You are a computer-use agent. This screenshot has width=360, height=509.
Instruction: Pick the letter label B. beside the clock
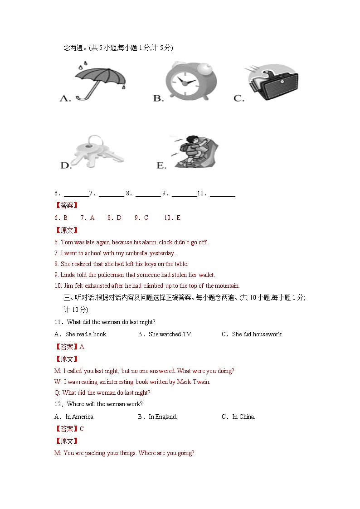point(158,98)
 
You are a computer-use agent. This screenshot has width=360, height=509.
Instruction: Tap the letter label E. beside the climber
point(161,165)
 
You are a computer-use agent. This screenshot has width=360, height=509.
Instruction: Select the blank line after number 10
point(222,194)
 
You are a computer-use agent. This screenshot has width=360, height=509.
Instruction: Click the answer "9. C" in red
point(141,218)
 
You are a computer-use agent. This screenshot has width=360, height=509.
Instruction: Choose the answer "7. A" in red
point(88,218)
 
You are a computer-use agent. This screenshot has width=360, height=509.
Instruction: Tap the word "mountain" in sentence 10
point(227,286)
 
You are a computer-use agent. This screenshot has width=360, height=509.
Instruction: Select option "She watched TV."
point(170,334)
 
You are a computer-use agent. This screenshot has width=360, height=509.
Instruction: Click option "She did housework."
point(257,334)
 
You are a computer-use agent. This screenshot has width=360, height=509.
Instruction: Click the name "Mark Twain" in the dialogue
point(193,382)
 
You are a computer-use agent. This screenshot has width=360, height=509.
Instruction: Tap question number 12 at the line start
point(58,404)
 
